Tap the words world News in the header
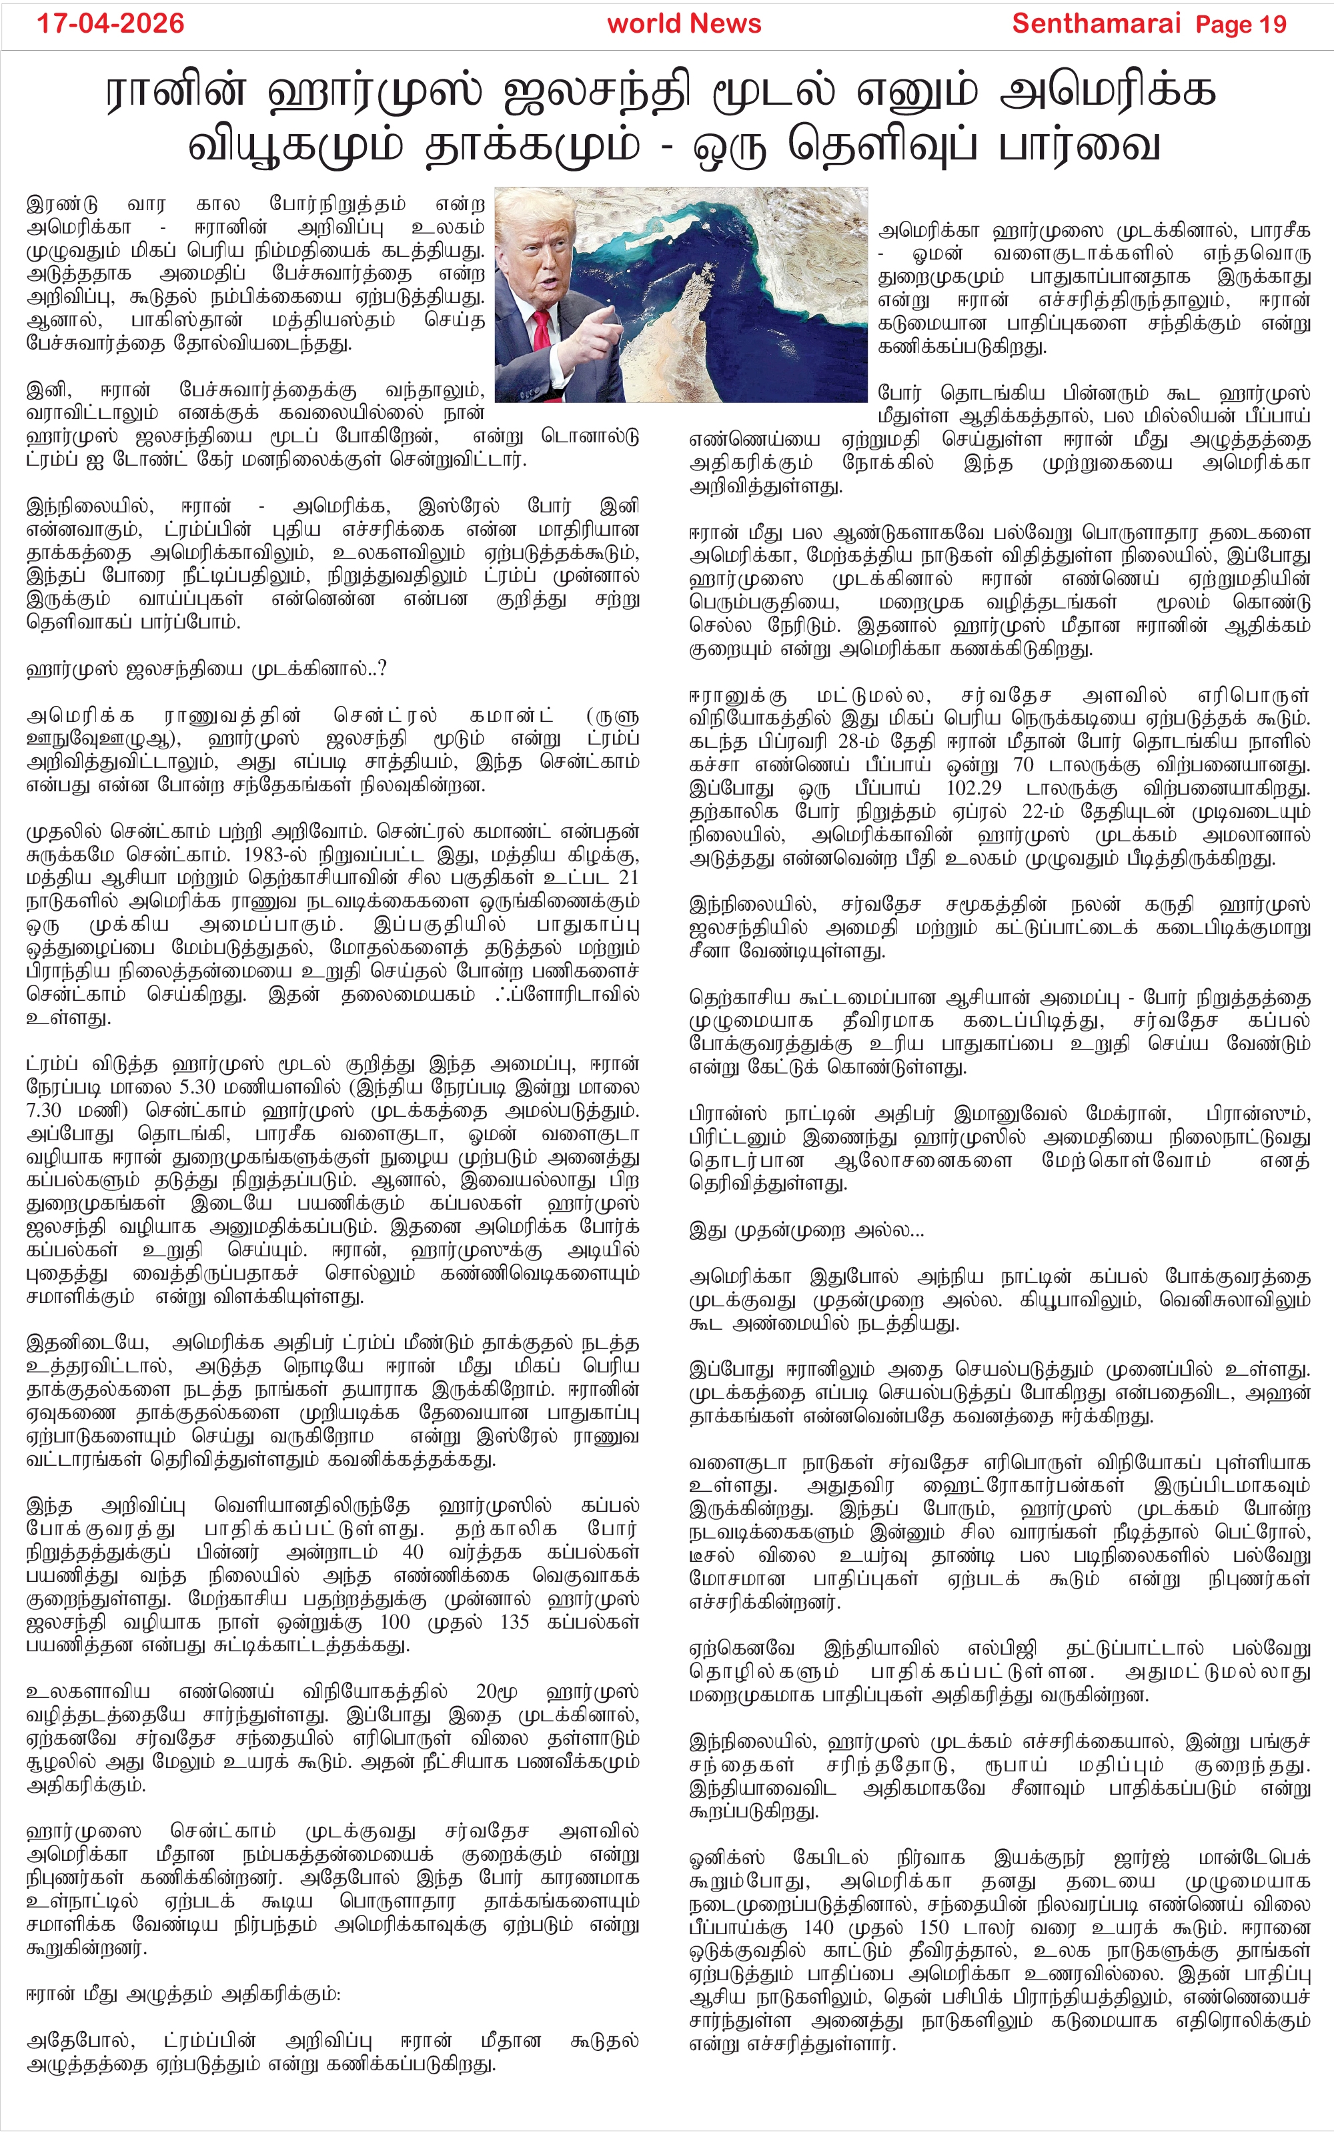[684, 24]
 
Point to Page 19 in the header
[1241, 25]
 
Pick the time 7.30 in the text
[44, 1111]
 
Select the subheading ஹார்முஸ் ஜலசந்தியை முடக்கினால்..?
[207, 669]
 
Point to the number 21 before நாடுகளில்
[628, 878]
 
